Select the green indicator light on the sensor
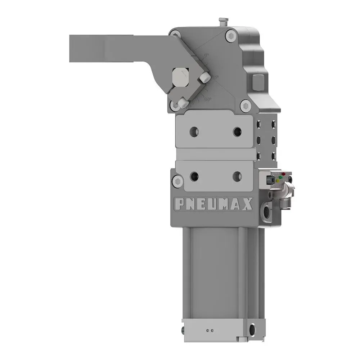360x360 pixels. [278, 180]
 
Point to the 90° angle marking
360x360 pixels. [207, 99]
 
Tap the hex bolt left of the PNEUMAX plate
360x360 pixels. [177, 181]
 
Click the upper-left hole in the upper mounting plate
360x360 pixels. [194, 131]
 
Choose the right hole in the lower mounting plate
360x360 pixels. [237, 176]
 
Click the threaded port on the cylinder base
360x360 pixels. [252, 328]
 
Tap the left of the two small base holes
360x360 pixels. [208, 330]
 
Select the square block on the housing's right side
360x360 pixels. [258, 83]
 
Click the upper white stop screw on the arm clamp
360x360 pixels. [205, 77]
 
